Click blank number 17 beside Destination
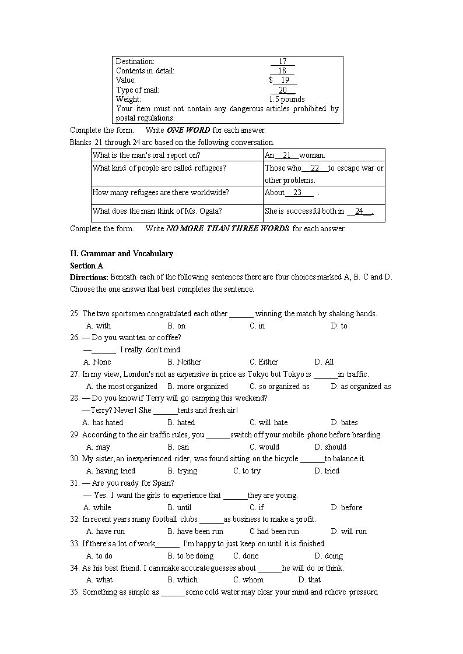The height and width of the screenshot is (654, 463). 283,61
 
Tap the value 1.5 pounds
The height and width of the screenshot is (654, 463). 286,99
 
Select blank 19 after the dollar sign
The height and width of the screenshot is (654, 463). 284,80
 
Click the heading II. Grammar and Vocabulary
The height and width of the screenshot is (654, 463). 121,253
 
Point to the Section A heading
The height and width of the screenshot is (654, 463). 86,266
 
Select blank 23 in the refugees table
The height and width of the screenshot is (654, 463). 297,192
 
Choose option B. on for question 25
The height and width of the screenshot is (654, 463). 176,326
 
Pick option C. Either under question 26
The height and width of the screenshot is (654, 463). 264,362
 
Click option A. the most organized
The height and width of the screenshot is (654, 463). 122,386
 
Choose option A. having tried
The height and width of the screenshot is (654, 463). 111,471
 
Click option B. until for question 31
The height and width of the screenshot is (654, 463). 179,507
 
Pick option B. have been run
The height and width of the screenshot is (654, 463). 195,531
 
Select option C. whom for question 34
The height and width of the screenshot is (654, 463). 248,579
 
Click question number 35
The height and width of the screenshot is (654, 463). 75,592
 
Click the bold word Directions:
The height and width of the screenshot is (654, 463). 89,277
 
